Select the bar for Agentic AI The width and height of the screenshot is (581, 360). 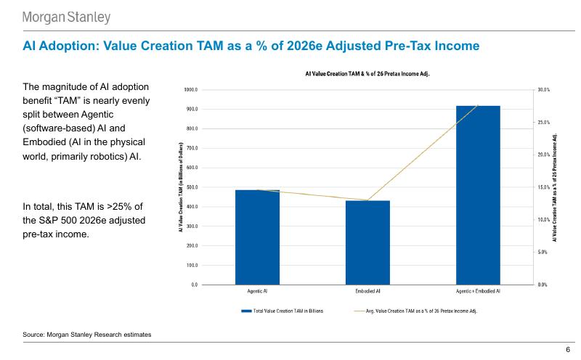257,237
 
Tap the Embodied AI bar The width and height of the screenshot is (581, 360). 367,242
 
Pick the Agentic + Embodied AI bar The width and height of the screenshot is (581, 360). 478,195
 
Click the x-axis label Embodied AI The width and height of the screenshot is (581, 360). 367,291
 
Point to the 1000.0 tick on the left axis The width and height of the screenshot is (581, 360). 192,90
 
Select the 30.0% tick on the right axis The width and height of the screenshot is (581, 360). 544,90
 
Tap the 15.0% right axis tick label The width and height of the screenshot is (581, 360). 544,187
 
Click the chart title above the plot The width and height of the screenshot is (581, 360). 367,74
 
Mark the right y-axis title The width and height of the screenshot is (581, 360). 556,187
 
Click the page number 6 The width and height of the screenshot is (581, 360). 568,350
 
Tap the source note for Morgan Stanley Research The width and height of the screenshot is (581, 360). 87,334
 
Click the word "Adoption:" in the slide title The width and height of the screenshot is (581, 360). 68,46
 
